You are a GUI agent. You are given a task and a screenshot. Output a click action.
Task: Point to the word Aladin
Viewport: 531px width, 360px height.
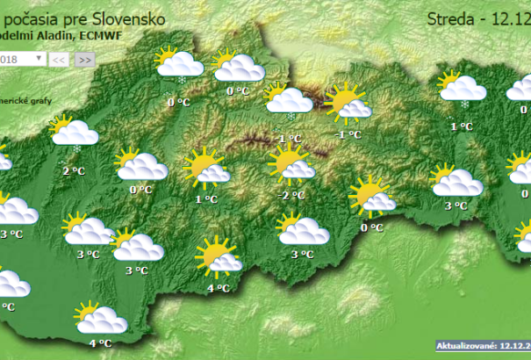[x=52, y=35]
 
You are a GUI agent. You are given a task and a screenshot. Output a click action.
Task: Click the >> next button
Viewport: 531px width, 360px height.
[x=84, y=60]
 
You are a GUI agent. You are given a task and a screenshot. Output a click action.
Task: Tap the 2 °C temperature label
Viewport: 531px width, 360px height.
[x=74, y=170]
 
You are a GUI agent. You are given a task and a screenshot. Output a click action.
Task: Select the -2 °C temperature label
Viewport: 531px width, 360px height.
[x=291, y=195]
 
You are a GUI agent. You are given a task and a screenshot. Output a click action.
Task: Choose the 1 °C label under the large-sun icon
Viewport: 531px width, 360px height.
[x=206, y=199]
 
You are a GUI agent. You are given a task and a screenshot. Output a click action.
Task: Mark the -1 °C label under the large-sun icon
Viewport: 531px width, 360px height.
[x=349, y=134]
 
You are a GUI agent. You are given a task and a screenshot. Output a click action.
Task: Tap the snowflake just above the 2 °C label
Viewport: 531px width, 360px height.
[x=76, y=149]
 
